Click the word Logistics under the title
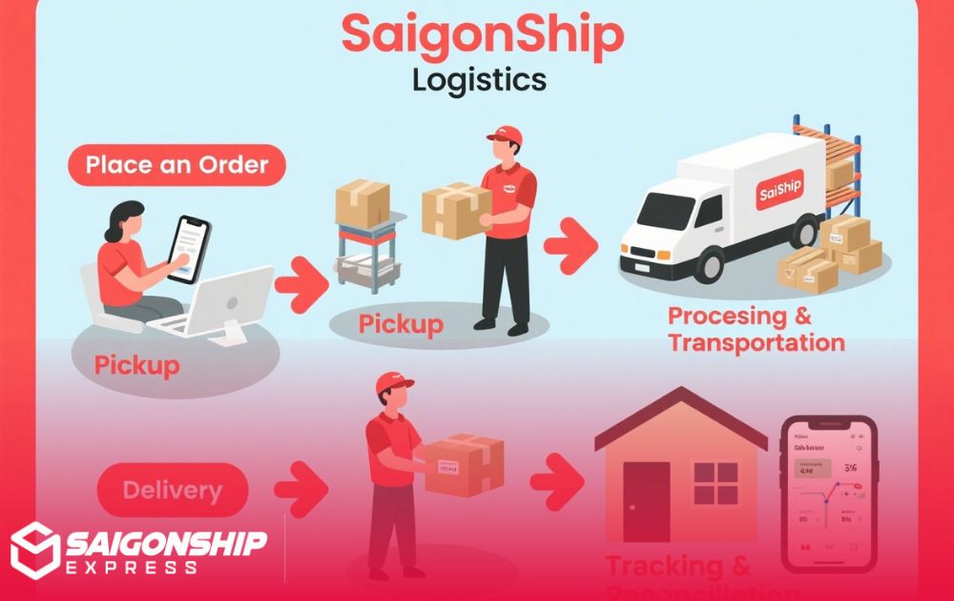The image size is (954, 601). tap(479, 79)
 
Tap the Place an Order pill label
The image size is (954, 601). tap(177, 165)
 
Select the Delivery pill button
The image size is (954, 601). tap(173, 491)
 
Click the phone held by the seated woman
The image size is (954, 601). tap(188, 247)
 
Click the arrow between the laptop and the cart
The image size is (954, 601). tap(301, 284)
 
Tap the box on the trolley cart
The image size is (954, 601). tap(363, 203)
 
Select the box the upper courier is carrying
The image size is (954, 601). tap(456, 209)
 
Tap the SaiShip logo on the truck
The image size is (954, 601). tap(779, 194)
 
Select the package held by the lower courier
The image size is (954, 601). tap(464, 465)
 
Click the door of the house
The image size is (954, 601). tap(646, 502)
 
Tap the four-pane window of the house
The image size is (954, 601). tap(715, 485)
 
